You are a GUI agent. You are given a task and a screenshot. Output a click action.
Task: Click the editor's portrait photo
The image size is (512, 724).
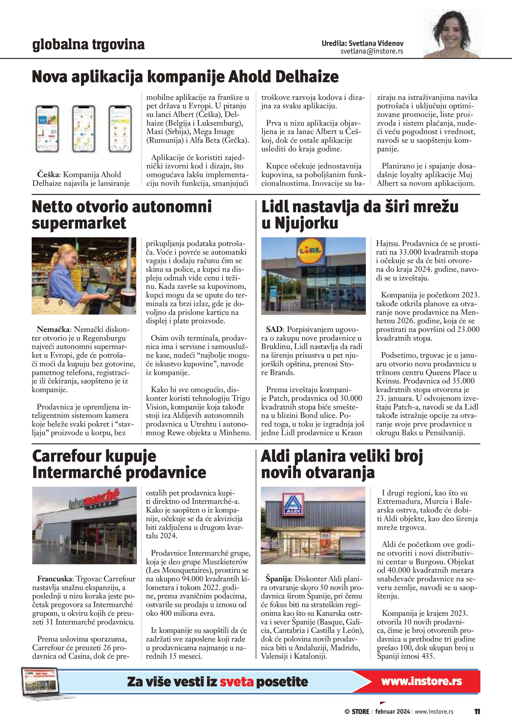coord(452,34)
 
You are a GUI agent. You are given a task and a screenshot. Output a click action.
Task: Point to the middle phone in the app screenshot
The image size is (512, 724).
coord(83,129)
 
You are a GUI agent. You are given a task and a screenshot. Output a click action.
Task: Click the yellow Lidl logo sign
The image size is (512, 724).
coord(310,251)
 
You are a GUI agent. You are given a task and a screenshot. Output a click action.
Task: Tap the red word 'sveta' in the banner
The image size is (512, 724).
coord(237,682)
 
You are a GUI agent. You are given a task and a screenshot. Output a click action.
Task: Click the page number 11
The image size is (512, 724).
coord(477,711)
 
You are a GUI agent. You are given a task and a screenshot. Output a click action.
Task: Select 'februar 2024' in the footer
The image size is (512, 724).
coord(392,712)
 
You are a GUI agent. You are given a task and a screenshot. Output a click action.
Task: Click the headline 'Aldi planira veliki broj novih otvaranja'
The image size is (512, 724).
coord(342,464)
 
